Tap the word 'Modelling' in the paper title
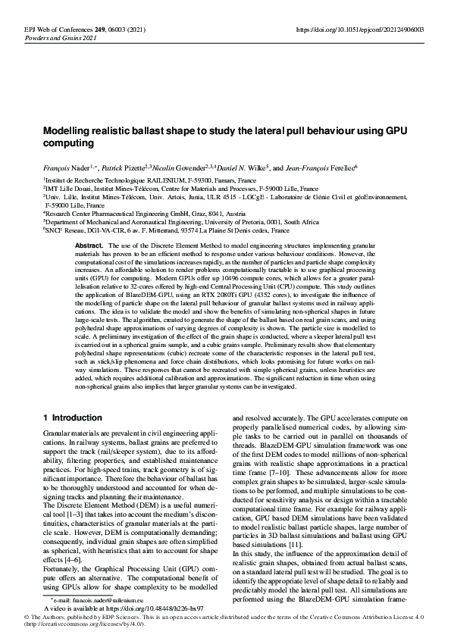[x=70, y=130]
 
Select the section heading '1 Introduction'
[x=72, y=417]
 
